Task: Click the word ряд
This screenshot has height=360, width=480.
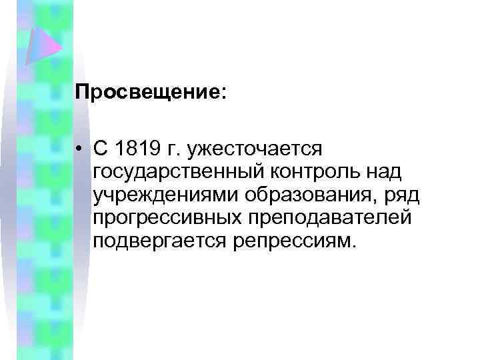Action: [383, 195]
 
